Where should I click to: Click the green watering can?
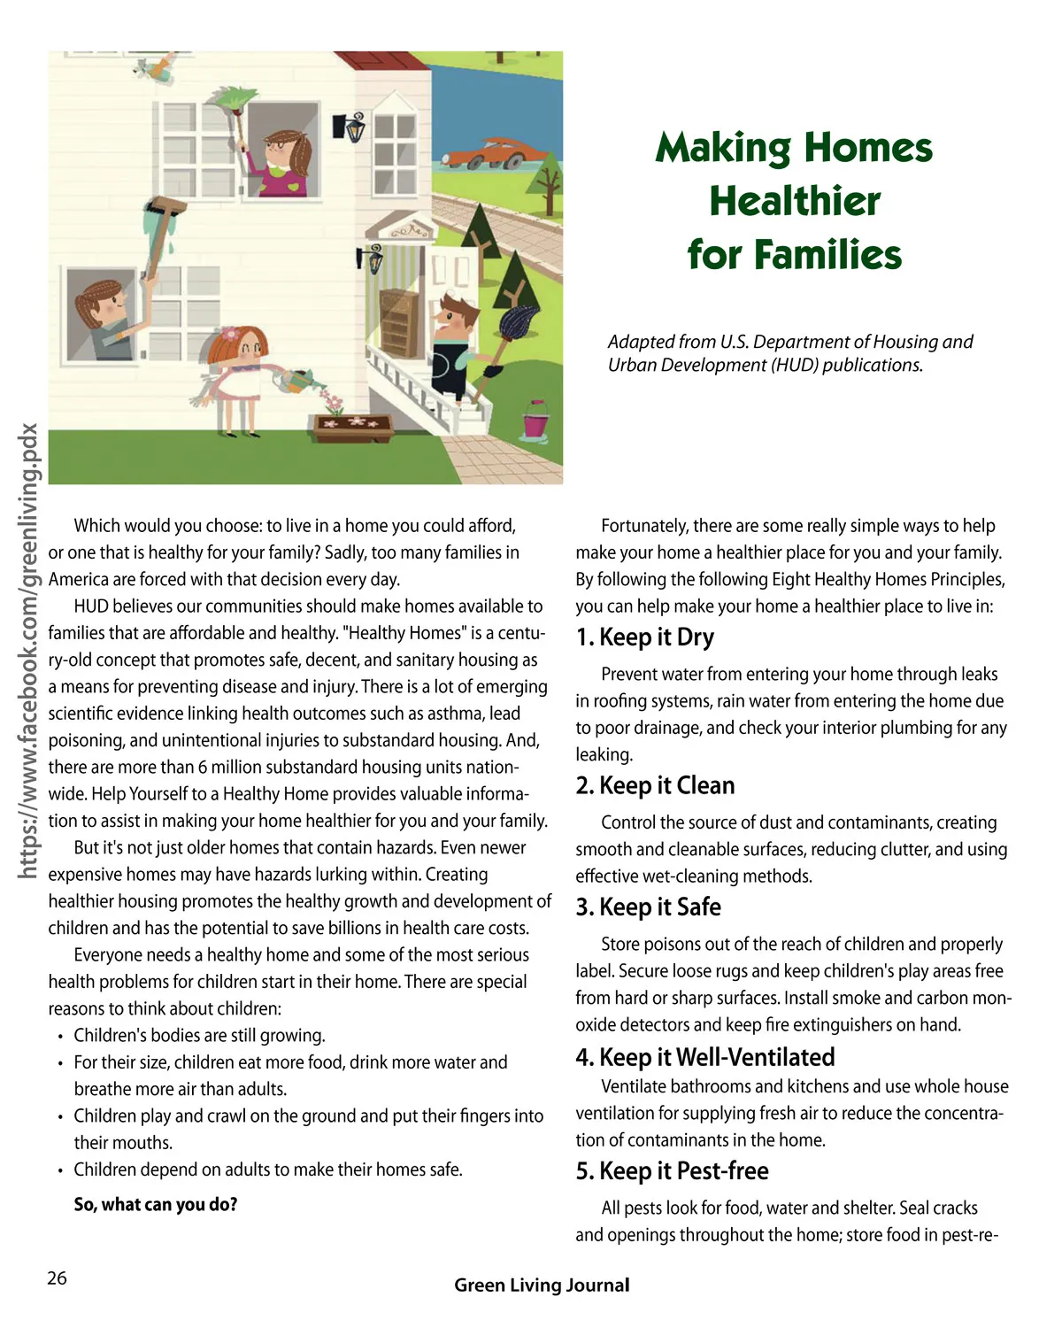(x=293, y=379)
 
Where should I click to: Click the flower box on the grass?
(x=353, y=428)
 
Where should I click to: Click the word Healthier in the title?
(x=794, y=201)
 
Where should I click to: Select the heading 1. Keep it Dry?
(x=644, y=637)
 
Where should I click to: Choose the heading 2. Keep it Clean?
(x=655, y=785)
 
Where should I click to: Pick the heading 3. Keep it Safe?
(x=648, y=907)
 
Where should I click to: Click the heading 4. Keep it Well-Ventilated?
(x=704, y=1057)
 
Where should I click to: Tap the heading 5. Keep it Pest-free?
(x=672, y=1171)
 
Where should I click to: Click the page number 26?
(x=57, y=1278)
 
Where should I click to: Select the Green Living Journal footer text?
(x=542, y=1285)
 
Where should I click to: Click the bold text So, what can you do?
(x=156, y=1204)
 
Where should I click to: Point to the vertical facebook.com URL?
(x=29, y=651)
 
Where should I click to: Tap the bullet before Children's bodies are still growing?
(x=60, y=1037)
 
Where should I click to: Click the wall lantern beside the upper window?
(x=354, y=127)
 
